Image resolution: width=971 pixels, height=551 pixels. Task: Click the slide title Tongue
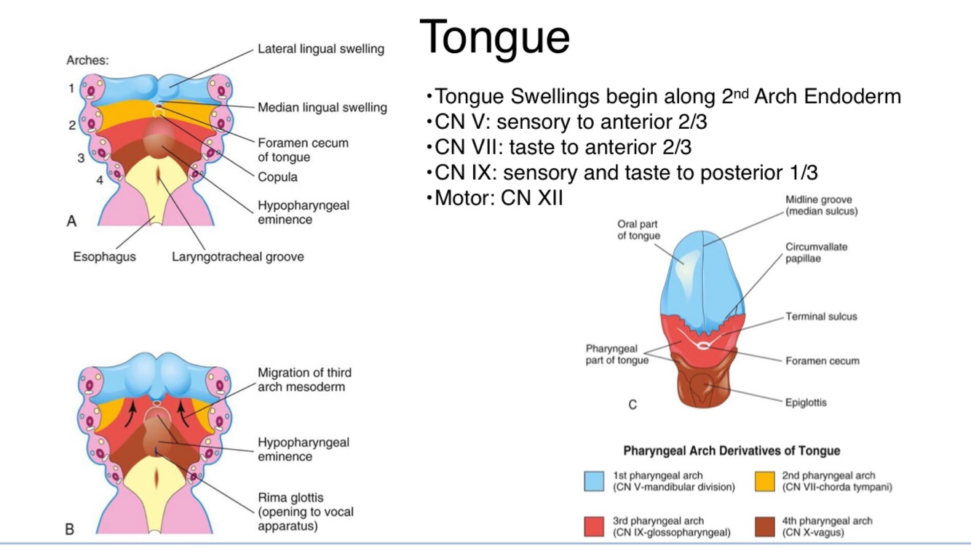(x=494, y=36)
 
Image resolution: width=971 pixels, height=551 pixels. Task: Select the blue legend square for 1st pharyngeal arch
(x=595, y=482)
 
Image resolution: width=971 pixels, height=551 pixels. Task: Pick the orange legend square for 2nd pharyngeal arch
(x=764, y=482)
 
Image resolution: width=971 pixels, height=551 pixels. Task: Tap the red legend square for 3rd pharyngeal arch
(x=595, y=526)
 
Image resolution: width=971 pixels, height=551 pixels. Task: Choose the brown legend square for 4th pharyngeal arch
(x=764, y=526)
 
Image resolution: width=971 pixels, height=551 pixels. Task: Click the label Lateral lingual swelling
(x=321, y=49)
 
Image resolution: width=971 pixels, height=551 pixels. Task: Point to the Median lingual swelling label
(x=322, y=108)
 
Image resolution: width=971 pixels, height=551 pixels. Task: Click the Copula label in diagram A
(x=277, y=177)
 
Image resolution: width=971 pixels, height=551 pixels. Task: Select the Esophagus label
(x=104, y=257)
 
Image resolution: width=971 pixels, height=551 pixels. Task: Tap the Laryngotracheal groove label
(x=238, y=257)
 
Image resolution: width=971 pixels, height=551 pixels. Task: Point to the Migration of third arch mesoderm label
(x=304, y=379)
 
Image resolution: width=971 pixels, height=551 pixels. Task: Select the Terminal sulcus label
(x=821, y=317)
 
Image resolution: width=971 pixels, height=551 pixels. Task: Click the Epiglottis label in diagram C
(x=806, y=402)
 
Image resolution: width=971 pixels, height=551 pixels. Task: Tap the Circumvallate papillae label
(x=816, y=253)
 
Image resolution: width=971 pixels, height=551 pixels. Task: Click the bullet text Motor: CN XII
(x=499, y=198)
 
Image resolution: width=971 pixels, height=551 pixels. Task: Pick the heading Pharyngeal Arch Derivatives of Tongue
(x=732, y=451)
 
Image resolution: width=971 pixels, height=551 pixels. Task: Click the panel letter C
(x=633, y=405)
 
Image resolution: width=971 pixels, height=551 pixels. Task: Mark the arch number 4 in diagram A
(x=99, y=181)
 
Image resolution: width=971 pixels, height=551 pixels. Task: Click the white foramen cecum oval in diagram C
(x=702, y=346)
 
